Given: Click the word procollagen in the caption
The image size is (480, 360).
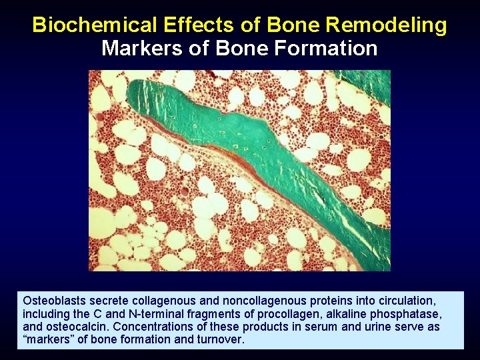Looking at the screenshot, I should (x=249, y=314).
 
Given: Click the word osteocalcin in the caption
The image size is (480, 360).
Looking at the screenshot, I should (x=75, y=327).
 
